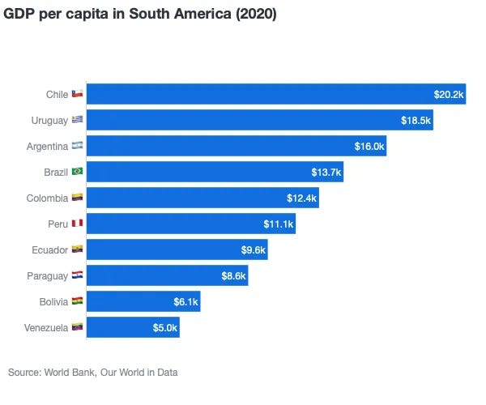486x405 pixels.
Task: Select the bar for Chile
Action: click(x=275, y=95)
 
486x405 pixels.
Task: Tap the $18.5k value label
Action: click(x=416, y=121)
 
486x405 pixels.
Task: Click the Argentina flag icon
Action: click(x=77, y=147)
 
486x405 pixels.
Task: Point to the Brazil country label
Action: click(x=56, y=173)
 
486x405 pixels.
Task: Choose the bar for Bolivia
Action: click(x=143, y=302)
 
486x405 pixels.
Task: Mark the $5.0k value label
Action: click(x=164, y=328)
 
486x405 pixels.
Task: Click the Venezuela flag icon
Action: click(x=77, y=328)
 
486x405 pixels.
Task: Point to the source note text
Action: click(x=92, y=373)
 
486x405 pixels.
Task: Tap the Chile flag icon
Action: click(x=77, y=95)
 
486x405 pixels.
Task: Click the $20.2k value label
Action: click(x=449, y=95)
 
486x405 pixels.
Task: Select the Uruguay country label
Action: click(x=48, y=121)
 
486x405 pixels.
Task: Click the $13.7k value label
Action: click(x=326, y=173)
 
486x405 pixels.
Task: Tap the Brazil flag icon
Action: click(x=77, y=173)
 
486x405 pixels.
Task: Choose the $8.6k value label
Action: click(x=232, y=276)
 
